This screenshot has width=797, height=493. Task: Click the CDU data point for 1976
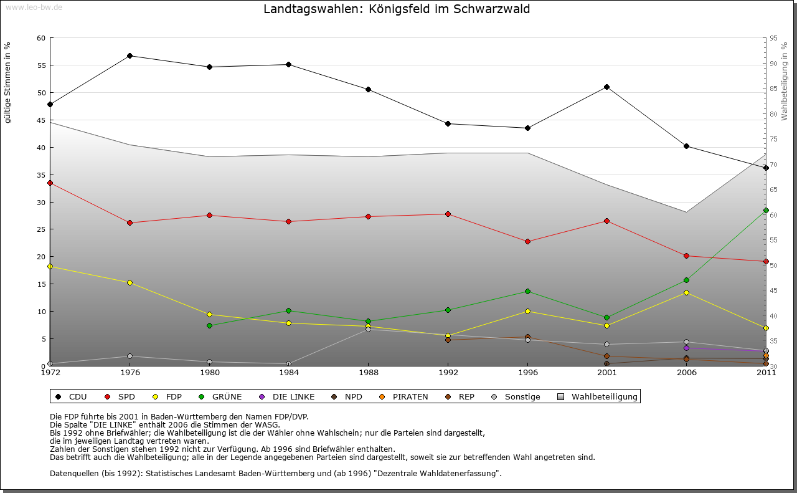pos(130,55)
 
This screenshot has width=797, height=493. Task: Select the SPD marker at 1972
pos(50,183)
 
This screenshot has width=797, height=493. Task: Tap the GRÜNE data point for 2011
pos(766,210)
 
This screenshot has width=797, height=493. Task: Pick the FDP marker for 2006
pos(686,292)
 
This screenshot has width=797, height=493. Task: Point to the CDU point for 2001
pos(606,87)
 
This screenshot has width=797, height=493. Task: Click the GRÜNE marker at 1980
pos(209,325)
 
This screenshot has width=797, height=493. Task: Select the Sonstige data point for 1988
pos(368,329)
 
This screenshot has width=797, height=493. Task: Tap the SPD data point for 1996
pos(527,241)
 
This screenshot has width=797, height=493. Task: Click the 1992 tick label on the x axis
pos(448,373)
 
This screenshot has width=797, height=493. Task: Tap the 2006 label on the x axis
pos(686,373)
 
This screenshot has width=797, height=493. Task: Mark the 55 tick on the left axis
pos(41,65)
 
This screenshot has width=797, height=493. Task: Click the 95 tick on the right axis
pos(773,38)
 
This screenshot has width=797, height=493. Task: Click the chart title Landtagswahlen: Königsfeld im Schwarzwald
pos(397,9)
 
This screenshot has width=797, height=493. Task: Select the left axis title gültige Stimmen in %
pos(7,82)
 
